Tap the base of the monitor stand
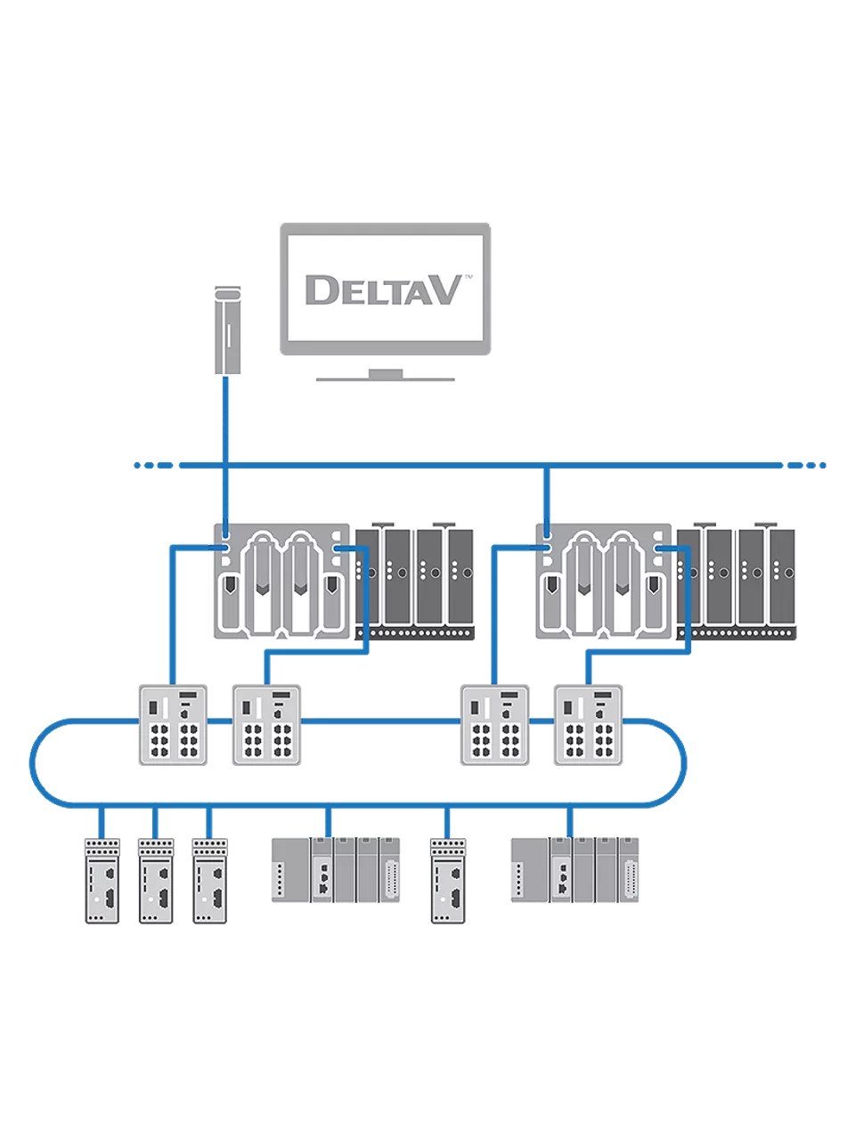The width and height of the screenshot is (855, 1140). pos(386,378)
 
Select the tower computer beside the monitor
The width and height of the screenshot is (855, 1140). pos(228,330)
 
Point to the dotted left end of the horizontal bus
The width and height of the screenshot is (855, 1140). pos(153,465)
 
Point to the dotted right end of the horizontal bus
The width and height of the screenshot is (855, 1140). pos(807,465)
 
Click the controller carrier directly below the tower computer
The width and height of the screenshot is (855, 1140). pos(281,581)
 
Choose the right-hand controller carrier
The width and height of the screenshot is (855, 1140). pos(603,581)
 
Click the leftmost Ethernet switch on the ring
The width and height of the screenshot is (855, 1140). pos(173,724)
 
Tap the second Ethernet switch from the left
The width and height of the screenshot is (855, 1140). pos(266,724)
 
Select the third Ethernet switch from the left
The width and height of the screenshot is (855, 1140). pos(494,724)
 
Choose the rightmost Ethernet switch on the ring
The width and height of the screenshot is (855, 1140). pos(588,724)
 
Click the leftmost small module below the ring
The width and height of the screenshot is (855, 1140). pos(102,880)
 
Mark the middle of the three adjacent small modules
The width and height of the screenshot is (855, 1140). pos(156,880)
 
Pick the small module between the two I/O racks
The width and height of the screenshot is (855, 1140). pos(447,880)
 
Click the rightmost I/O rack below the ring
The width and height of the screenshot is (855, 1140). pos(575,869)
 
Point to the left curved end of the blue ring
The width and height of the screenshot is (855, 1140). pos(33,762)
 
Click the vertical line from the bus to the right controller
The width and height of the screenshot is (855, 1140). pos(547,495)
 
